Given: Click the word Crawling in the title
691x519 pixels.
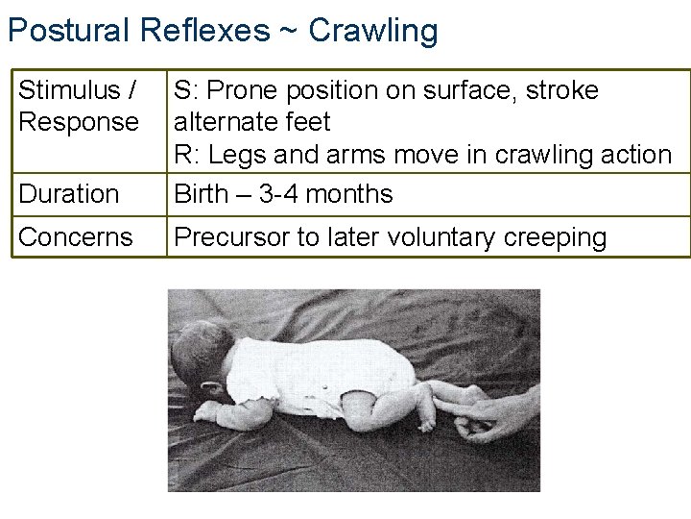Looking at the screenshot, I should [373, 30].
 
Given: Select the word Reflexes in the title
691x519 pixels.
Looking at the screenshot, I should [204, 30].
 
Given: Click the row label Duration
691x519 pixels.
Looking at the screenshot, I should [68, 194].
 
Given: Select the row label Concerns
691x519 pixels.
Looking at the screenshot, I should [75, 237].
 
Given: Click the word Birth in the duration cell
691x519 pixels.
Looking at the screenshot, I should [203, 194].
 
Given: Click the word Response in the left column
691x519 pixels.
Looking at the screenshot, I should [79, 122].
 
